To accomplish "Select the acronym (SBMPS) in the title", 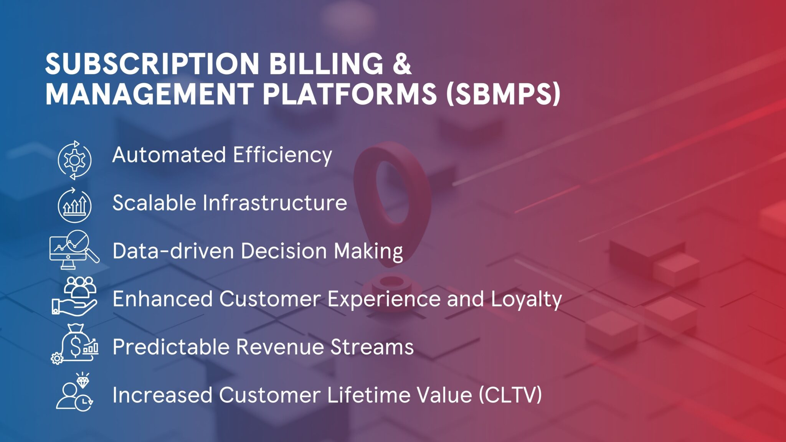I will click(503, 94).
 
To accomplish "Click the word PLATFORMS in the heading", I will click(349, 94).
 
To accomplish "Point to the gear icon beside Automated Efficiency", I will click(74, 160).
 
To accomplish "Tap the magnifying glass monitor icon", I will click(74, 249).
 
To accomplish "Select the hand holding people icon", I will click(74, 296).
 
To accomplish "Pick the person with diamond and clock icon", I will click(74, 393).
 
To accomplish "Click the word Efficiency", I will click(282, 155).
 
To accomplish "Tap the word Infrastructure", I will click(274, 203).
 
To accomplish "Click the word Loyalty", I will click(526, 299).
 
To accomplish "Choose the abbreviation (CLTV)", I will click(510, 395).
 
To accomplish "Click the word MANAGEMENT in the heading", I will click(149, 94).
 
